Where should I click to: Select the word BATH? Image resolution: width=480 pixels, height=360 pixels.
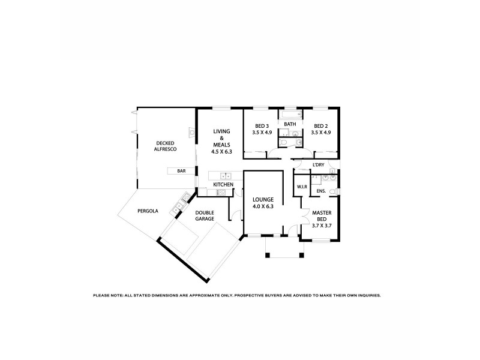pyautogui.click(x=290, y=124)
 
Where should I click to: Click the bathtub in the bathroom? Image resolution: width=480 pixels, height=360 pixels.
pyautogui.click(x=291, y=114)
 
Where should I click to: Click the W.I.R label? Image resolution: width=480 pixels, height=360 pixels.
pyautogui.click(x=301, y=187)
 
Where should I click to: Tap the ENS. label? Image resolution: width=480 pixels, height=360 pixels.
pyautogui.click(x=321, y=191)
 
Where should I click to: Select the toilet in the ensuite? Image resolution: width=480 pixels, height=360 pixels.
pyautogui.click(x=337, y=191)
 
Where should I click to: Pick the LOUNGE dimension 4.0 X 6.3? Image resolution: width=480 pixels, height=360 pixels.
pyautogui.click(x=263, y=206)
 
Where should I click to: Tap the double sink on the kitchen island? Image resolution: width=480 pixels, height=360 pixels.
pyautogui.click(x=226, y=176)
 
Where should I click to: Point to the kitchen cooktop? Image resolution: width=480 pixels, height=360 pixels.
pyautogui.click(x=220, y=192)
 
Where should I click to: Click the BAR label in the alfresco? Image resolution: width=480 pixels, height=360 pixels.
pyautogui.click(x=181, y=171)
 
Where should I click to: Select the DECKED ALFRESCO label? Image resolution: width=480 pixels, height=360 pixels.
pyautogui.click(x=165, y=146)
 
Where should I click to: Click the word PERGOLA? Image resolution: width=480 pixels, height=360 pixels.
pyautogui.click(x=148, y=211)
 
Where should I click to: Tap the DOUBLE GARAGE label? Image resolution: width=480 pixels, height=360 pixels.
pyautogui.click(x=205, y=215)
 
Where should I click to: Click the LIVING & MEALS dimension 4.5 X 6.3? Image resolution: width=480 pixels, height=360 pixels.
pyautogui.click(x=221, y=152)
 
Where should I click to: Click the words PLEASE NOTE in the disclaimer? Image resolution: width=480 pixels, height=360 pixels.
pyautogui.click(x=107, y=295)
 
